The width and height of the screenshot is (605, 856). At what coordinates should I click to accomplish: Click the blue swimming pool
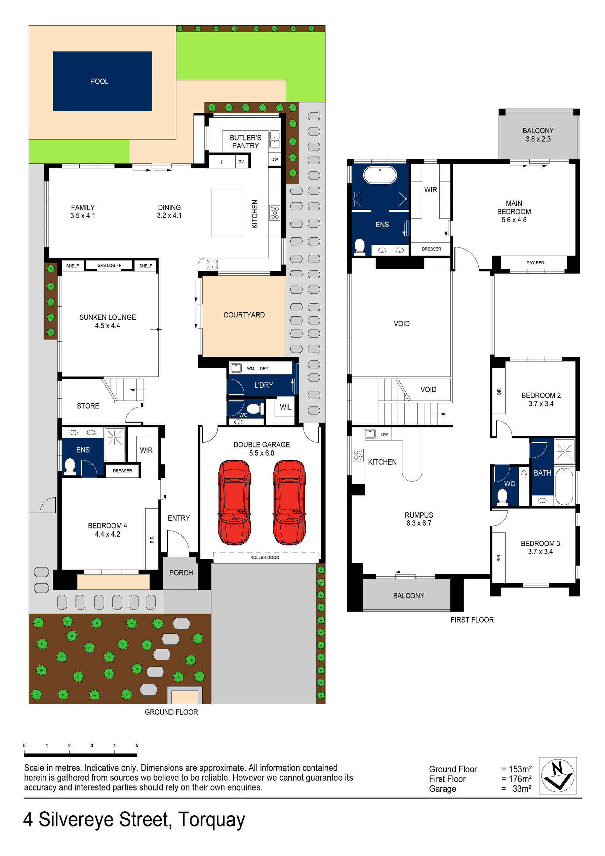[102, 81]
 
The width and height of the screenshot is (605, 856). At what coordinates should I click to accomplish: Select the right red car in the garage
[289, 502]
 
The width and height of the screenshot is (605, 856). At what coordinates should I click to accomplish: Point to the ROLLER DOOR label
[264, 557]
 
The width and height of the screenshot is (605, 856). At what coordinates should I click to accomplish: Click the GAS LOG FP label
[109, 266]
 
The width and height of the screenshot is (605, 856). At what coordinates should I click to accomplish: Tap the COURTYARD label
[244, 315]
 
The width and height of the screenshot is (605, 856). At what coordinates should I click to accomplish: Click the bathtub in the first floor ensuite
[380, 174]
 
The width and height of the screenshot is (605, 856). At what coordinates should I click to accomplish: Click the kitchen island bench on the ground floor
[226, 213]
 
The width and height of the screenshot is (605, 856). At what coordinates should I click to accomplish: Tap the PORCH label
[181, 573]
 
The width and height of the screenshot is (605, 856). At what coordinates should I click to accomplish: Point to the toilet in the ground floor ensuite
[70, 466]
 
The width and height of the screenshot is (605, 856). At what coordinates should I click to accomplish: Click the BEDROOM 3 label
[540, 544]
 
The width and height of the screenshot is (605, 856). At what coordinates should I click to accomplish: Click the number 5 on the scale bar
[137, 746]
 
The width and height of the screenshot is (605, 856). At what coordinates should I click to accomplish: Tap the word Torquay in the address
[211, 820]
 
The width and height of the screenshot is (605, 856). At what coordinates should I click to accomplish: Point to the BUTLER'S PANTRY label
[245, 142]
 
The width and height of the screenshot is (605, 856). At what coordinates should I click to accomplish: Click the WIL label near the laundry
[286, 407]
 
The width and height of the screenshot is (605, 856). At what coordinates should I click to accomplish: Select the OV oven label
[241, 162]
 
